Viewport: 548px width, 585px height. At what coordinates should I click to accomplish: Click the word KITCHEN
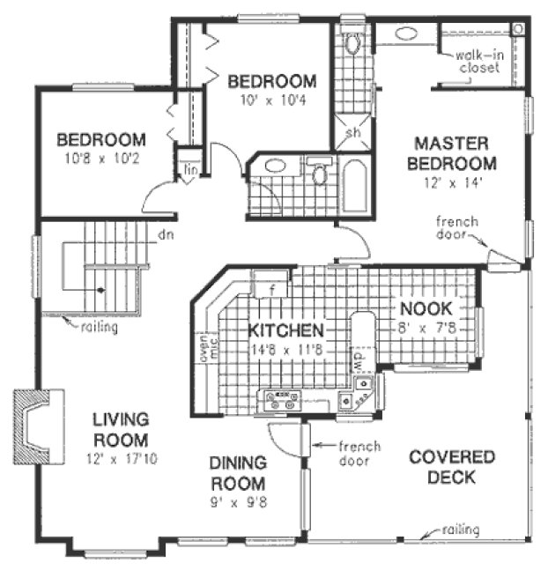pos(285,331)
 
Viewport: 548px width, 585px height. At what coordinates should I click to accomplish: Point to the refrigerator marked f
pos(272,288)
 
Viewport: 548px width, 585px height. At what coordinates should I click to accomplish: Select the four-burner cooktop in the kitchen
pos(284,400)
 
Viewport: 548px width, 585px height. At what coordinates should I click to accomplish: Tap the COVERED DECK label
pos(452,467)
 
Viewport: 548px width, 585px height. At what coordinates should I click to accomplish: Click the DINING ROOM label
pos(237,473)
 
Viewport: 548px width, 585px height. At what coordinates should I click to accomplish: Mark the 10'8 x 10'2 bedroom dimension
pos(100,160)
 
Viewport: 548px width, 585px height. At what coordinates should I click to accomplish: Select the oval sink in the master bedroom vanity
pos(406,34)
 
